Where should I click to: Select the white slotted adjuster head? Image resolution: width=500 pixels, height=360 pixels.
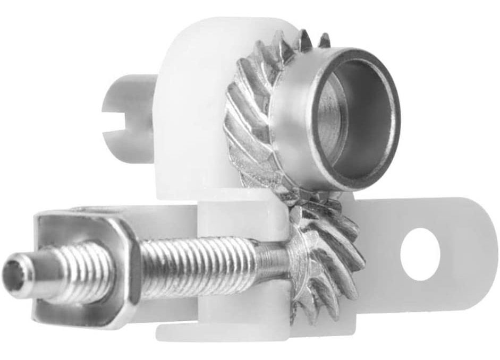pos(128,112)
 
